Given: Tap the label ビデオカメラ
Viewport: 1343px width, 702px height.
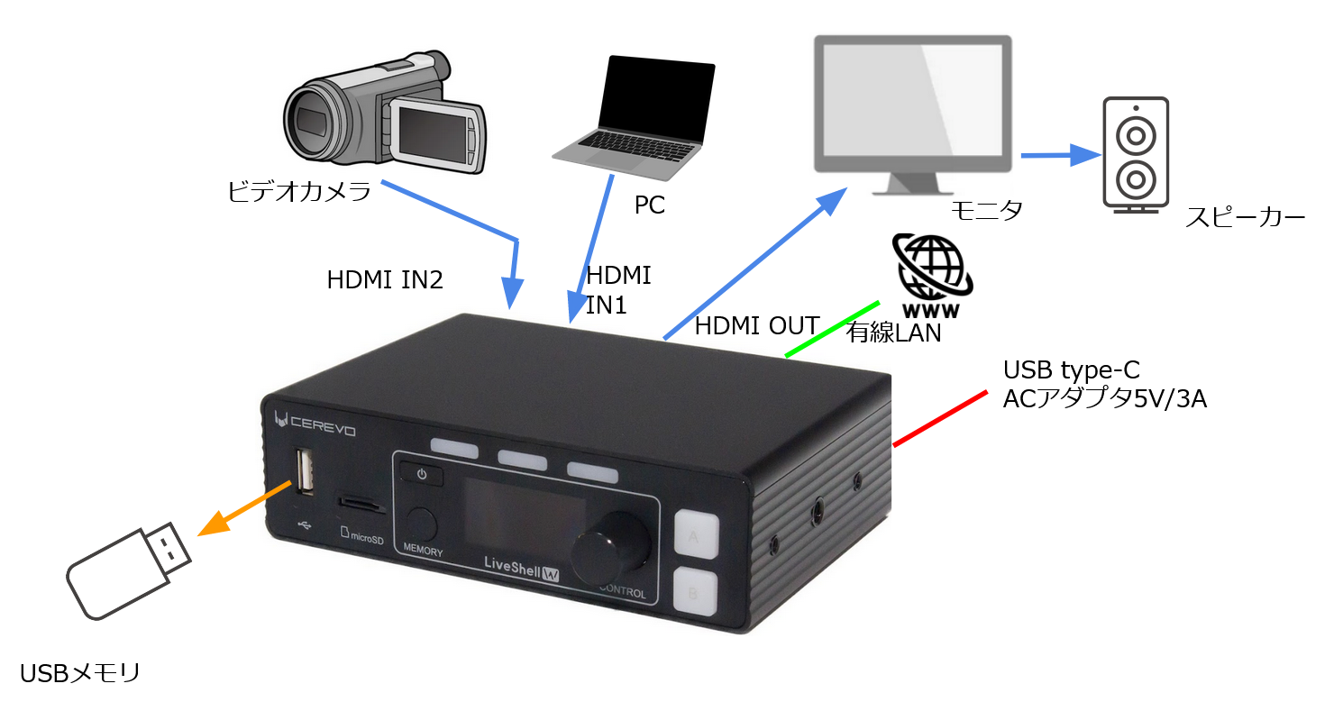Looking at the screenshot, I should (x=298, y=192).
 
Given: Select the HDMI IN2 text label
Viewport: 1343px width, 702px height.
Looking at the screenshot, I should (x=385, y=281).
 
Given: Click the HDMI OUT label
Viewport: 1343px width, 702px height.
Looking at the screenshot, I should (x=756, y=326).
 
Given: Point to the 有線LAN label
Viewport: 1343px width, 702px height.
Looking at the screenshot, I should (x=893, y=333).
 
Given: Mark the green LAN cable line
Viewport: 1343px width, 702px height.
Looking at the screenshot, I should (x=832, y=329).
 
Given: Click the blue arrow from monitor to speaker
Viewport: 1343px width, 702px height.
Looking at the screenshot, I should (x=1060, y=155).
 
